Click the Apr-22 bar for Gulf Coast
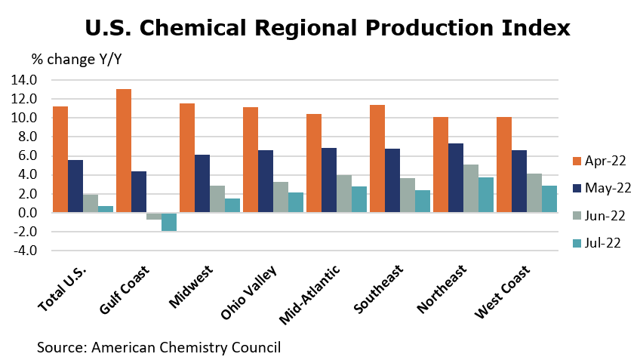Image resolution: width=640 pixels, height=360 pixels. click(124, 151)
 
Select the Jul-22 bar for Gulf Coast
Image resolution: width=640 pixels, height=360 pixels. click(169, 222)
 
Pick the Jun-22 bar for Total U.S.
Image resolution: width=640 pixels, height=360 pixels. click(91, 204)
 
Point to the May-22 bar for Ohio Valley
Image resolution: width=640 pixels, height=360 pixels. click(266, 181)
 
